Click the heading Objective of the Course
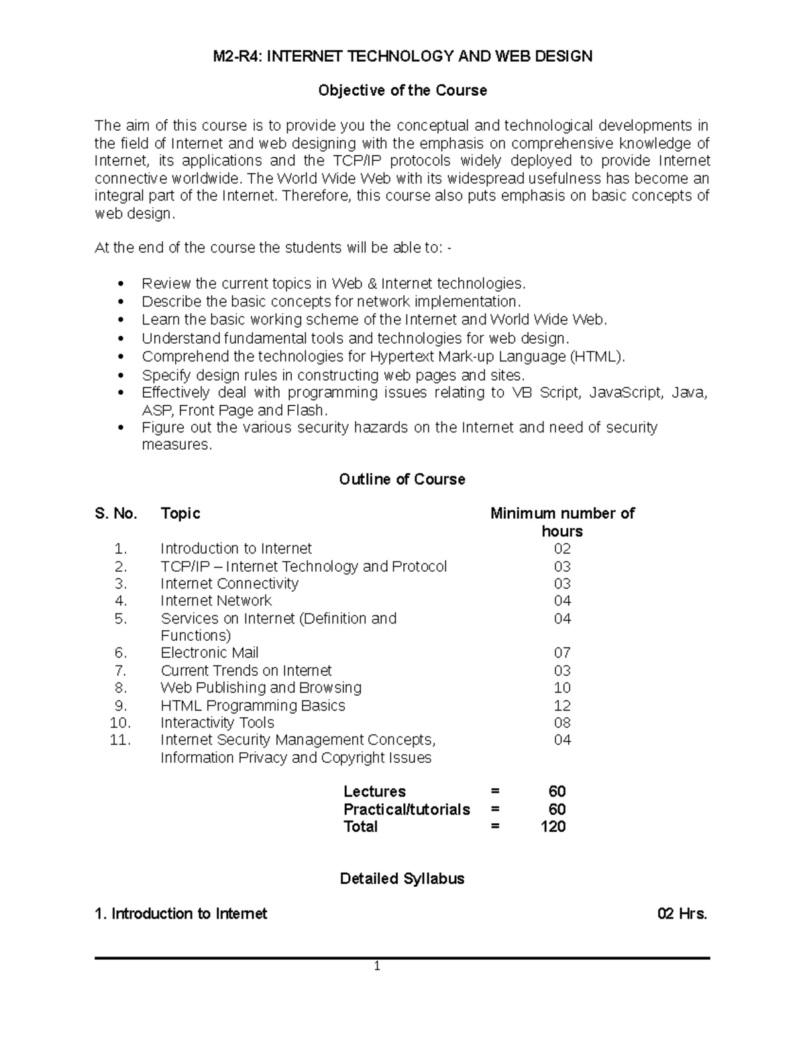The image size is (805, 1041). pyautogui.click(x=402, y=90)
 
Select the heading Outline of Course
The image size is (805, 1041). pyautogui.click(x=402, y=479)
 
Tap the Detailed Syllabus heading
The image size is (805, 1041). pyautogui.click(x=402, y=879)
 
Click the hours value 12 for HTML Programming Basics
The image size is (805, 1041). pyautogui.click(x=562, y=706)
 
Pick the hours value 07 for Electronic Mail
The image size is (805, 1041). pyautogui.click(x=562, y=653)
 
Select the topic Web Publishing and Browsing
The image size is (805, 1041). pyautogui.click(x=261, y=688)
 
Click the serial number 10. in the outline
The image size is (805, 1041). pyautogui.click(x=121, y=723)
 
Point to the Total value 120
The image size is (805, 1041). pyautogui.click(x=553, y=826)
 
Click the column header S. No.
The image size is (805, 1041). pyautogui.click(x=116, y=513)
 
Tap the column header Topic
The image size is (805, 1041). pyautogui.click(x=180, y=513)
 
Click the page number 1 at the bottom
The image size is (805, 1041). pyautogui.click(x=377, y=967)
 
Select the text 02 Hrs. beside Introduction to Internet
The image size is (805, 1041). pyautogui.click(x=682, y=914)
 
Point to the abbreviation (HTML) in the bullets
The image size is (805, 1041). pyautogui.click(x=597, y=357)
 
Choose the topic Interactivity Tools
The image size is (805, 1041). pyautogui.click(x=217, y=723)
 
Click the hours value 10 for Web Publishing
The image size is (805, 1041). pyautogui.click(x=562, y=688)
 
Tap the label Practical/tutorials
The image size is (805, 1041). pyautogui.click(x=407, y=809)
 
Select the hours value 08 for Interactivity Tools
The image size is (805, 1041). pyautogui.click(x=562, y=723)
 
